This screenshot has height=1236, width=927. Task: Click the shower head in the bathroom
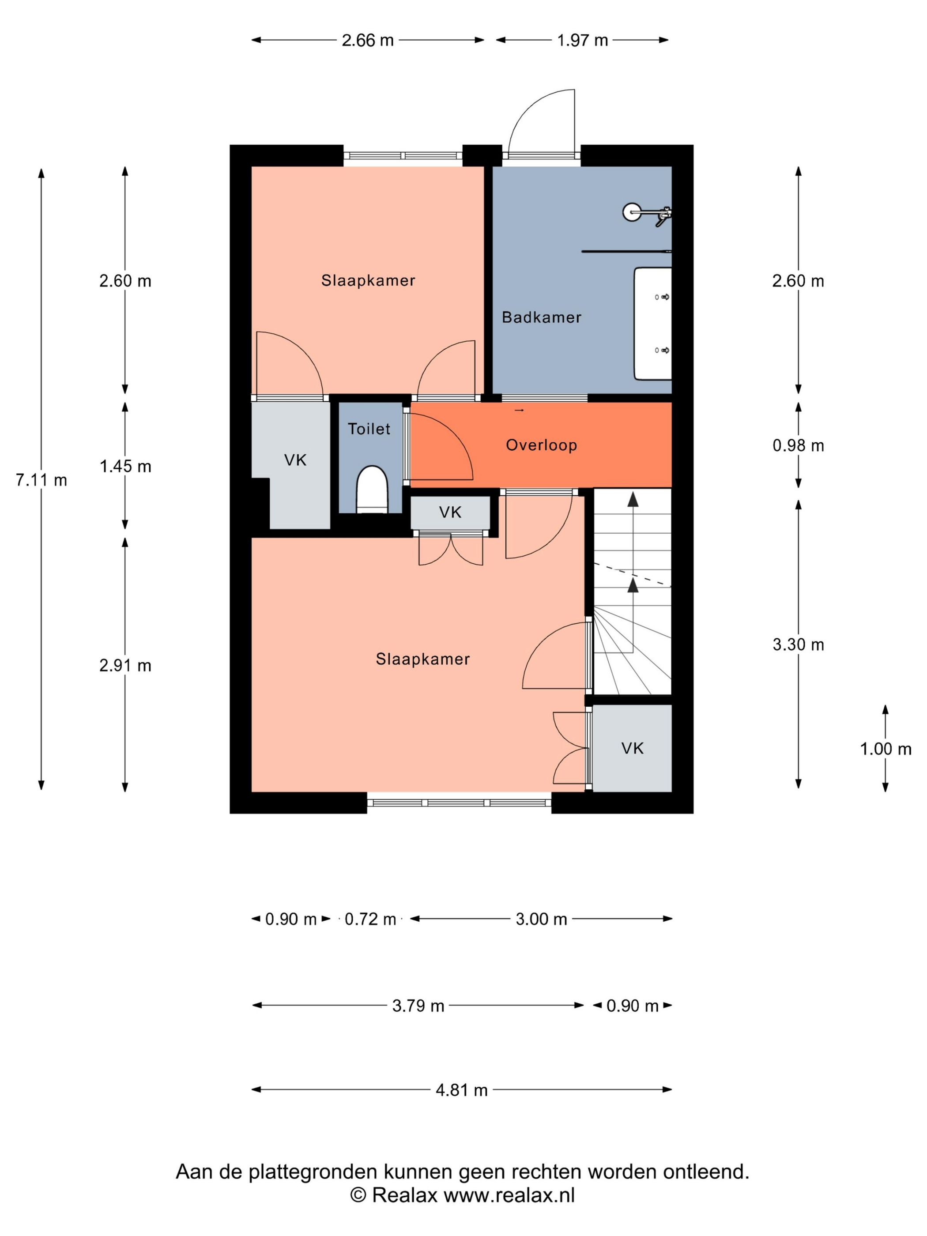coord(633,212)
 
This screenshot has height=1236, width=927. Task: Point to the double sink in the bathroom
coord(652,324)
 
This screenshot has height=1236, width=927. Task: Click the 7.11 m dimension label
coord(41,480)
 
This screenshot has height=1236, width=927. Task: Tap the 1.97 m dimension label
coord(582,40)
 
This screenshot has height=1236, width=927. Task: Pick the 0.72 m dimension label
coord(370,919)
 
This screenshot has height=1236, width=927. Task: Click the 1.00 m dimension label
coord(886,749)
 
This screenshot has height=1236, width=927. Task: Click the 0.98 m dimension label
coord(799,445)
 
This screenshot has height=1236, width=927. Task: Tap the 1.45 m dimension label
coord(126,466)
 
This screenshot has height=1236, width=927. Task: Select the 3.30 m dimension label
coord(799,645)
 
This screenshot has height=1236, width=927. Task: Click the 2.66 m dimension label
coord(368,40)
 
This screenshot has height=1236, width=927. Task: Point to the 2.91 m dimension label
coord(126,666)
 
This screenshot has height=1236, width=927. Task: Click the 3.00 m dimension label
coord(541,919)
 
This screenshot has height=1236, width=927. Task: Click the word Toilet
coord(369,429)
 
